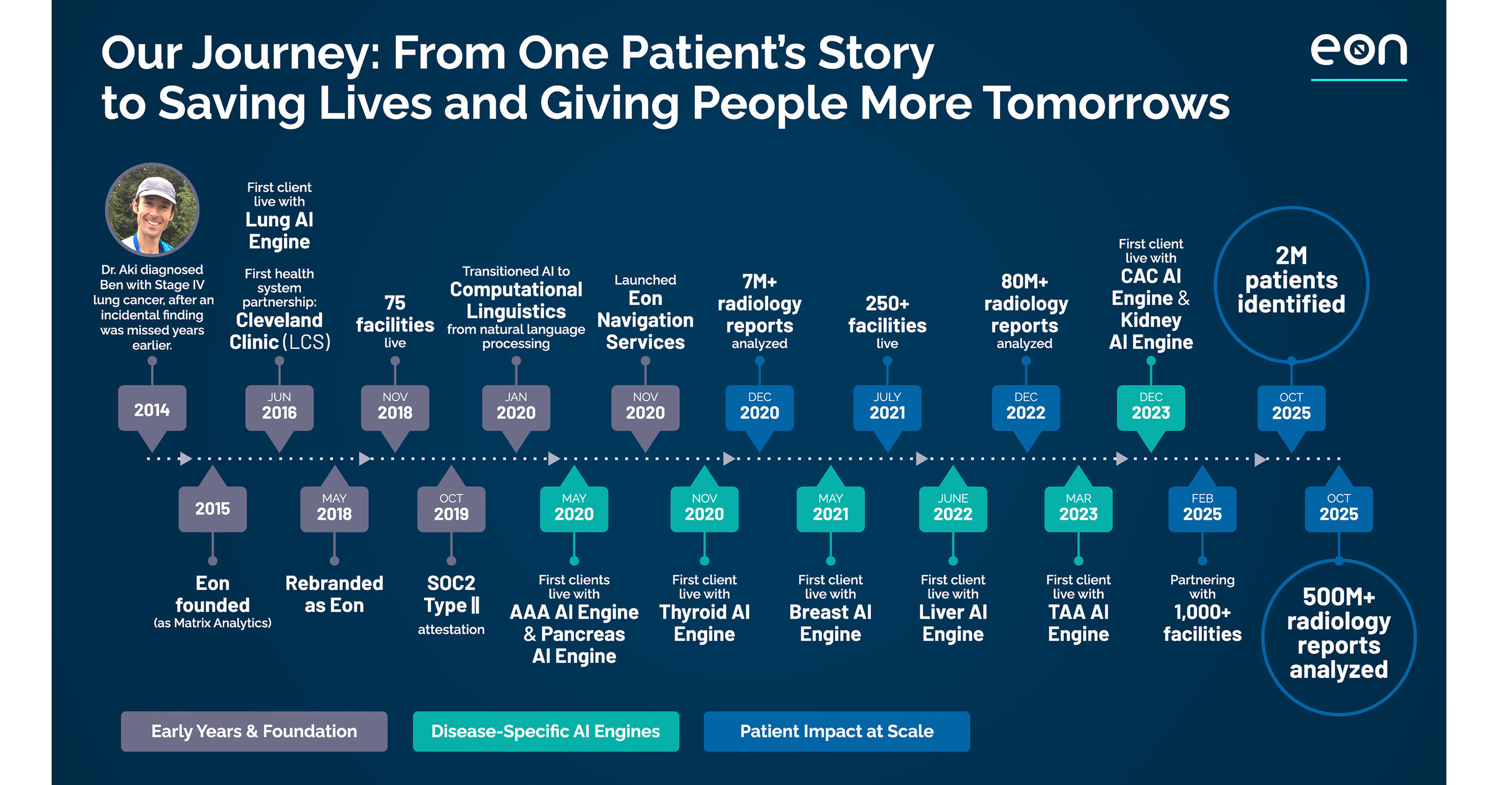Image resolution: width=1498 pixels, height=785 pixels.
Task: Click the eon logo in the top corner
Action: (1359, 52)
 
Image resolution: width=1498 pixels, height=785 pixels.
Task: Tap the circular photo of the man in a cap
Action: (153, 210)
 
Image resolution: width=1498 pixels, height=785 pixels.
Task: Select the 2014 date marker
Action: (153, 409)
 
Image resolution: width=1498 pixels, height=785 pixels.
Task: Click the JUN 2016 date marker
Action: (279, 407)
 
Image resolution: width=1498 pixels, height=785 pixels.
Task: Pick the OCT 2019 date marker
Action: (451, 508)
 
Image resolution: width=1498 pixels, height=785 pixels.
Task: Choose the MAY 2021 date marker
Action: (830, 508)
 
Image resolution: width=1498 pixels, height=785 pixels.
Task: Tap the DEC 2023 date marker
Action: (1151, 407)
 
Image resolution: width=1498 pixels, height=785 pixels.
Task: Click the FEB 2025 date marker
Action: (1203, 508)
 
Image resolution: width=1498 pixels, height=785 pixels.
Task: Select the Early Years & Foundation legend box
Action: (254, 731)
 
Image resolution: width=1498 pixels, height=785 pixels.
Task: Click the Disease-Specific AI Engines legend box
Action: (546, 731)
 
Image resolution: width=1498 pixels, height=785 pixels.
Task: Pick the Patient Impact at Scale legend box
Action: (837, 731)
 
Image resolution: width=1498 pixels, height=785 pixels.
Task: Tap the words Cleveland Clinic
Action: (279, 331)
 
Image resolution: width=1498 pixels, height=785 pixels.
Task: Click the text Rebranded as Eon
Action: (334, 593)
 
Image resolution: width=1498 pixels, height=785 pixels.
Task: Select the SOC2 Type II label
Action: (451, 593)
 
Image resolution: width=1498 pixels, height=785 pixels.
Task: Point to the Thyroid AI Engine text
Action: (704, 623)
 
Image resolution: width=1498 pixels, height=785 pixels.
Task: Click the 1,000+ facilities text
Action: (1203, 623)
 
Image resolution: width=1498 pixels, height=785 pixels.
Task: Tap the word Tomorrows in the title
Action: (1106, 103)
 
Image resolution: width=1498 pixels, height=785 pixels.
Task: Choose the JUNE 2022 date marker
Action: (952, 508)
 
